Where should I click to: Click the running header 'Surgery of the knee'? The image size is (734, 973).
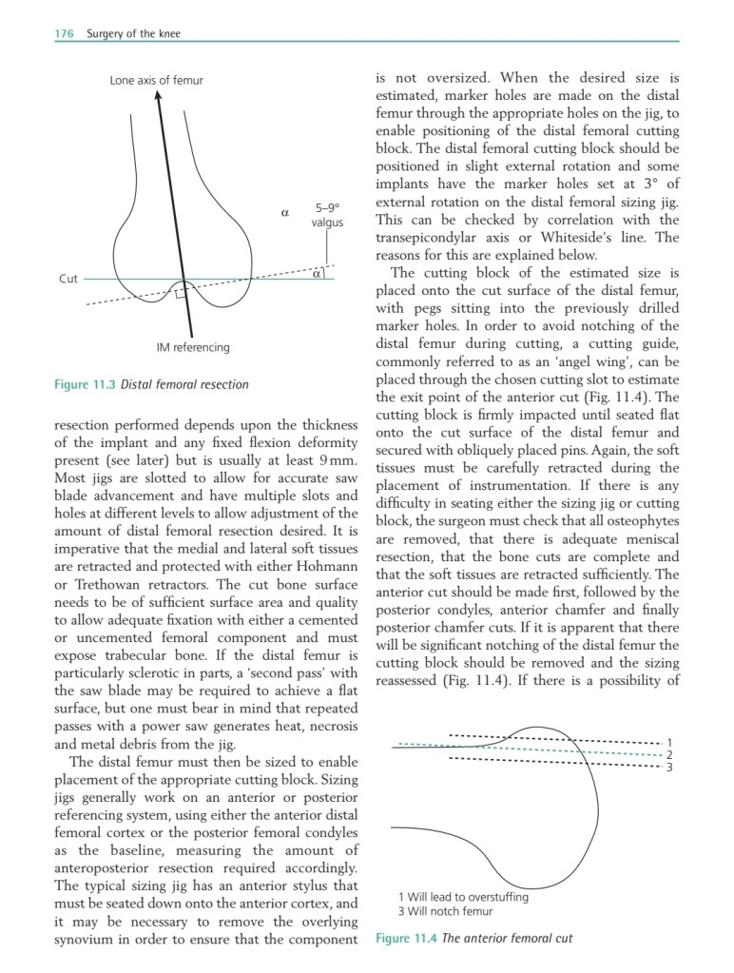[133, 34]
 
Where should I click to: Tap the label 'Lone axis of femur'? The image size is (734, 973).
[157, 80]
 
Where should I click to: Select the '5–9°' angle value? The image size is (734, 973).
[327, 206]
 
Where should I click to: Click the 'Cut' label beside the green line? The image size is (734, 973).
[68, 279]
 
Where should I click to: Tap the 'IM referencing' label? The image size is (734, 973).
[192, 347]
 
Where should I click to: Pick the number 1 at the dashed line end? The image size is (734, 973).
[669, 743]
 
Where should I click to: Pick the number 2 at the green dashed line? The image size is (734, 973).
[669, 755]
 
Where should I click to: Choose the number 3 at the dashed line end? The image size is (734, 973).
[669, 767]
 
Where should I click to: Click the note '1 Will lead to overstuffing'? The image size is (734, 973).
[463, 896]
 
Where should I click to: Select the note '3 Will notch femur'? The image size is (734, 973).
[445, 911]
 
